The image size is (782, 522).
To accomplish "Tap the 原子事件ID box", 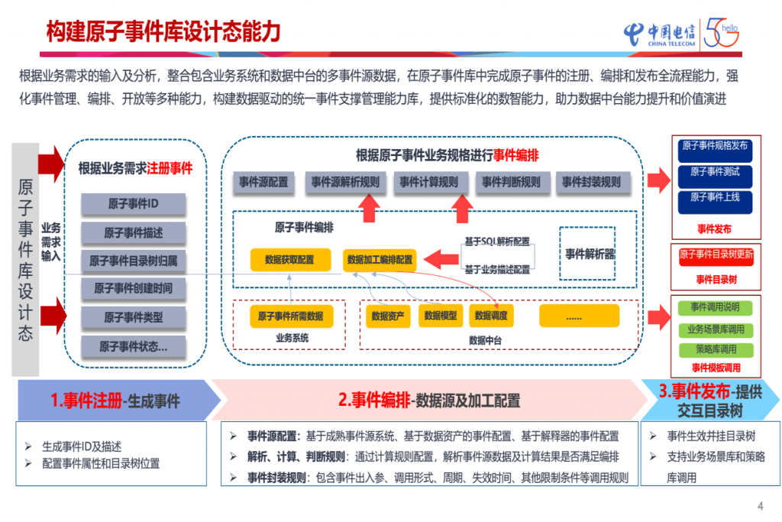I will click(x=134, y=204).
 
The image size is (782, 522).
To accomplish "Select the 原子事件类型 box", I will click(x=134, y=317).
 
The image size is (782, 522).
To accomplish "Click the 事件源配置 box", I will click(x=263, y=182).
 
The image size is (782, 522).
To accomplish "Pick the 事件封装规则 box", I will click(x=592, y=182).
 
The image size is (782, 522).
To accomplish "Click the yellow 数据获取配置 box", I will click(x=289, y=260).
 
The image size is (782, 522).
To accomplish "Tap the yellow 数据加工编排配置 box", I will click(x=380, y=260).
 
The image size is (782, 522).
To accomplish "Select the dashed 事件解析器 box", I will click(x=590, y=254).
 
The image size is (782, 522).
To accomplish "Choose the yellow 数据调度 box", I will click(x=491, y=315).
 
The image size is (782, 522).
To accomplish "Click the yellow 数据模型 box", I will click(x=441, y=315).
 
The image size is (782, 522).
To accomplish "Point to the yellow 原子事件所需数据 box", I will click(x=290, y=316).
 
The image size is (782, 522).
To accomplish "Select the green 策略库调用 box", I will click(x=716, y=349).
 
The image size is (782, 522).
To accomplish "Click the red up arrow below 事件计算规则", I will click(x=462, y=208).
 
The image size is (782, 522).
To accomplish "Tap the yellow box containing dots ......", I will click(x=574, y=316).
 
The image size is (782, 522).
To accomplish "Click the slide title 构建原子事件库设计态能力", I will click(x=163, y=32).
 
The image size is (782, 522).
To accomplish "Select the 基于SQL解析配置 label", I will click(x=496, y=242).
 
